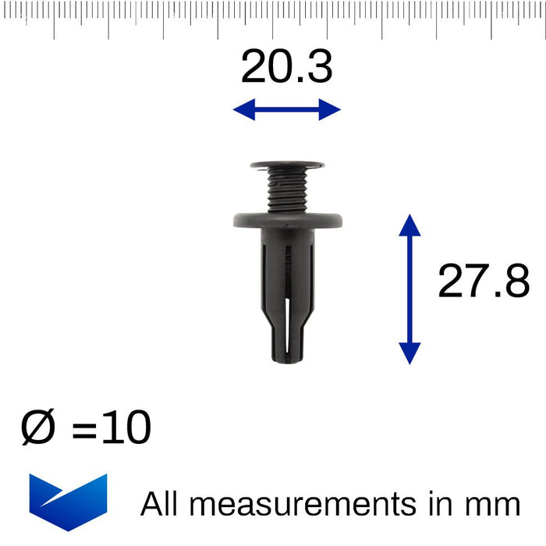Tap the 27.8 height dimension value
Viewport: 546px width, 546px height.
tap(483, 282)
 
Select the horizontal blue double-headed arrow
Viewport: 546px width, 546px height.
tap(287, 110)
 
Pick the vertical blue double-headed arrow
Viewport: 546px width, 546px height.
tap(409, 289)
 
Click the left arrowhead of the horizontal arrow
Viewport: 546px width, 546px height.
tap(243, 110)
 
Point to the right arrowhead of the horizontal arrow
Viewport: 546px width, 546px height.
tap(331, 110)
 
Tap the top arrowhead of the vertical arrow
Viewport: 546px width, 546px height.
tap(409, 225)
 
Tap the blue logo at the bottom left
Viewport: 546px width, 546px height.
tap(68, 500)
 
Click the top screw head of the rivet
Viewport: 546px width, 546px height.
tap(287, 165)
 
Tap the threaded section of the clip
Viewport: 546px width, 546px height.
tap(287, 191)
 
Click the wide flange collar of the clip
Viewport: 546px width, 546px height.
tap(287, 221)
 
